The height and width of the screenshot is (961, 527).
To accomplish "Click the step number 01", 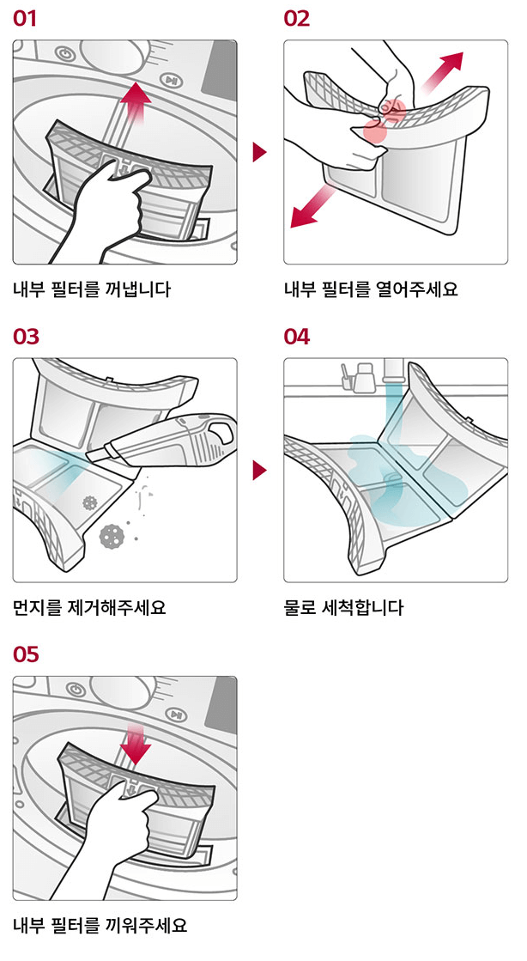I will (25, 19).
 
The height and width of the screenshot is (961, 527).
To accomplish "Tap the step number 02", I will (297, 19).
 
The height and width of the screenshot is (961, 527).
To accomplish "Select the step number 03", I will (26, 337).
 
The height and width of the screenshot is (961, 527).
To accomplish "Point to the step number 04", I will (297, 337).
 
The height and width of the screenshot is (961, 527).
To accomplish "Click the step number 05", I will (26, 654).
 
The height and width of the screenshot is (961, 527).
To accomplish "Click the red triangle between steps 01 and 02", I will (259, 153).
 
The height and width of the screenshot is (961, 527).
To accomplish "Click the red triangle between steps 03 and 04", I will (259, 471).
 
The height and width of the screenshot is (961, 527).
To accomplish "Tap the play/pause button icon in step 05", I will (175, 715).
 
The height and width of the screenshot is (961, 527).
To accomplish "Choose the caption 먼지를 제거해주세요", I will (88, 608).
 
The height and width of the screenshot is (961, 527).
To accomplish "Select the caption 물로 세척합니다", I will (343, 608).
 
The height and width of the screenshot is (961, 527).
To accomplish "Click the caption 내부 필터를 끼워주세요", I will (100, 926).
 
